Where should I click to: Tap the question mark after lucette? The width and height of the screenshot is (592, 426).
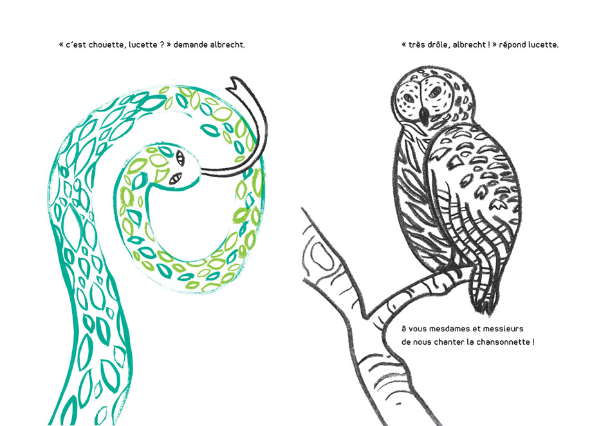click(162, 44)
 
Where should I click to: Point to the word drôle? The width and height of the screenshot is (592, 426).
click(438, 44)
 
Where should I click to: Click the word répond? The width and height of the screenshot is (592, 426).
click(512, 45)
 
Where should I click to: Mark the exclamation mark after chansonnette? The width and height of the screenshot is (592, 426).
click(533, 342)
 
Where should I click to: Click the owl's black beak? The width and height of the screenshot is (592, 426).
click(425, 115)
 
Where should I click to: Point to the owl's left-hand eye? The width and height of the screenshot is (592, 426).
click(409, 98)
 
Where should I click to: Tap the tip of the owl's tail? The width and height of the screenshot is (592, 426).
click(488, 312)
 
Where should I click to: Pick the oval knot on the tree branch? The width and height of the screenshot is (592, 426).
click(322, 257)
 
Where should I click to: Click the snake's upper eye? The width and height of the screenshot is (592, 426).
click(180, 158)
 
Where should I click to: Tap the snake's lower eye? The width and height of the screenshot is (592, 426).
click(175, 178)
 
